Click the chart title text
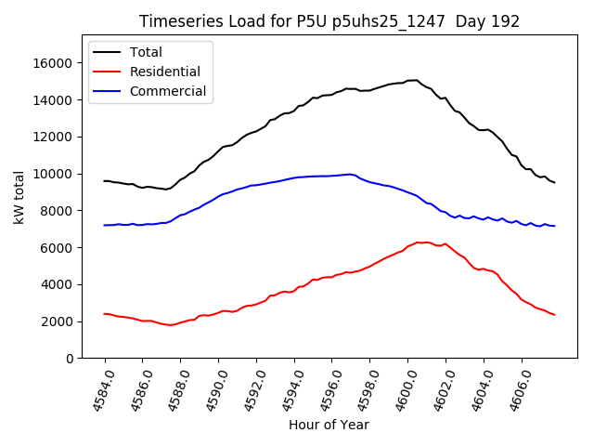[x=329, y=21]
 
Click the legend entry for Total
[x=148, y=52]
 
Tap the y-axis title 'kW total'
[x=19, y=197]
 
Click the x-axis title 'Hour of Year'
[x=329, y=425]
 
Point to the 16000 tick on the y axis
[x=55, y=63]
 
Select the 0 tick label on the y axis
[x=70, y=359]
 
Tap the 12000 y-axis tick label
[x=55, y=137]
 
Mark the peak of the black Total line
[x=416, y=80]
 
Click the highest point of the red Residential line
[x=420, y=242]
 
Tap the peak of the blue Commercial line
[x=350, y=174]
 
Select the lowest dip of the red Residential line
[x=170, y=325]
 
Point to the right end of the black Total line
[x=554, y=182]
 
